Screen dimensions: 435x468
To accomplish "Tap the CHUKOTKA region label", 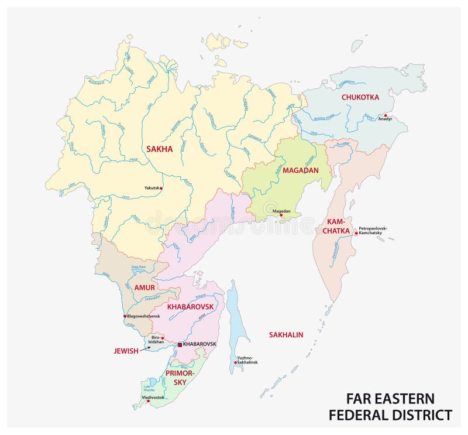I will pyautogui.click(x=360, y=97).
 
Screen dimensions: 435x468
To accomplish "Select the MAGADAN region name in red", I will pyautogui.click(x=300, y=170).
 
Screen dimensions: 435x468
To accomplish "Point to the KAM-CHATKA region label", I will pyautogui.click(x=335, y=227).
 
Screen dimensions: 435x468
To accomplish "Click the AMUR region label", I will pyautogui.click(x=144, y=288).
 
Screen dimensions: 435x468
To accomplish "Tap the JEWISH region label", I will pyautogui.click(x=125, y=351).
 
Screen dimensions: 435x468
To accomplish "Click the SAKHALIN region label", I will pyautogui.click(x=286, y=335).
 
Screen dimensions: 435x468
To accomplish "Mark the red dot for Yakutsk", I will pyautogui.click(x=161, y=188).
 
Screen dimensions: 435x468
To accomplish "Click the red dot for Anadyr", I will pyautogui.click(x=385, y=115).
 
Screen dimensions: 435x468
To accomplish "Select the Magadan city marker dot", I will pyautogui.click(x=281, y=215).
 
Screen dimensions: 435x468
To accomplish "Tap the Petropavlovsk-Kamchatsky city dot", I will pyautogui.click(x=356, y=232).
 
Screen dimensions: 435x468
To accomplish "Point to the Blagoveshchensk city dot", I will pyautogui.click(x=125, y=316).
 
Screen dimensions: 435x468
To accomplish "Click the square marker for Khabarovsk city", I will pyautogui.click(x=180, y=345).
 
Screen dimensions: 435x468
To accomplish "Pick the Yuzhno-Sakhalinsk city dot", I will pyautogui.click(x=235, y=362).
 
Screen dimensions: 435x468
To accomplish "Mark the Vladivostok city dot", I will pyautogui.click(x=149, y=402).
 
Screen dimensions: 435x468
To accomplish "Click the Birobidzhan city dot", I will pyautogui.click(x=162, y=337).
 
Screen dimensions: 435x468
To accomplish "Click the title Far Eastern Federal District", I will pyautogui.click(x=390, y=407).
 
